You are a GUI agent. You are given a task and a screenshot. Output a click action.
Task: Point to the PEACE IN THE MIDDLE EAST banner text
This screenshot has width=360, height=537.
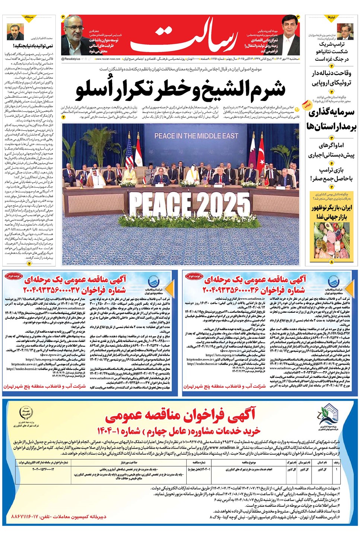196,136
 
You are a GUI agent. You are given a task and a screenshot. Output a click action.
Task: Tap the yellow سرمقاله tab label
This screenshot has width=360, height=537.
29,18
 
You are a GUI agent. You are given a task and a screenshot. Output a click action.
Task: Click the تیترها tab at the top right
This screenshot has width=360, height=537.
331,18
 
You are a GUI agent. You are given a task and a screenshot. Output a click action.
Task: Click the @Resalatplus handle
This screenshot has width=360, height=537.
70,59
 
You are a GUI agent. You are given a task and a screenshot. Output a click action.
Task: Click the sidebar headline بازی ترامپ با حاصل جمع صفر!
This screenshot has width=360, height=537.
331,175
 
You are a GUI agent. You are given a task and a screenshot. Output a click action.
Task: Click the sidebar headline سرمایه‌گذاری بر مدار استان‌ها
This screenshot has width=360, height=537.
331,119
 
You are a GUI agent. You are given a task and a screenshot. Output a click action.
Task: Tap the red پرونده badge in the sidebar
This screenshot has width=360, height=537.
307,106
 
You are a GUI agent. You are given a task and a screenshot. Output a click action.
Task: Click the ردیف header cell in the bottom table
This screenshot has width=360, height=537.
337,462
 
